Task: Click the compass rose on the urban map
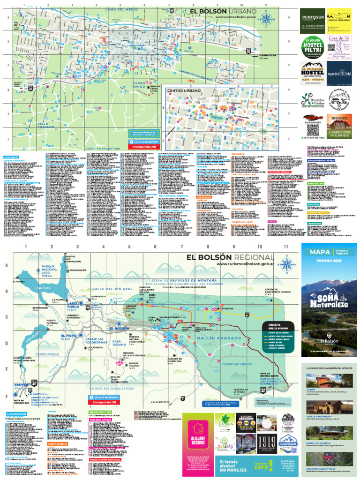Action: pos(266,20)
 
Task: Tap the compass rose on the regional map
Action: pos(287,264)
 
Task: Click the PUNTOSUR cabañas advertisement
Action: pos(312,21)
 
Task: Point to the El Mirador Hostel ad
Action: pos(312,73)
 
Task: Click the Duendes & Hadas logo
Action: pos(311,99)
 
